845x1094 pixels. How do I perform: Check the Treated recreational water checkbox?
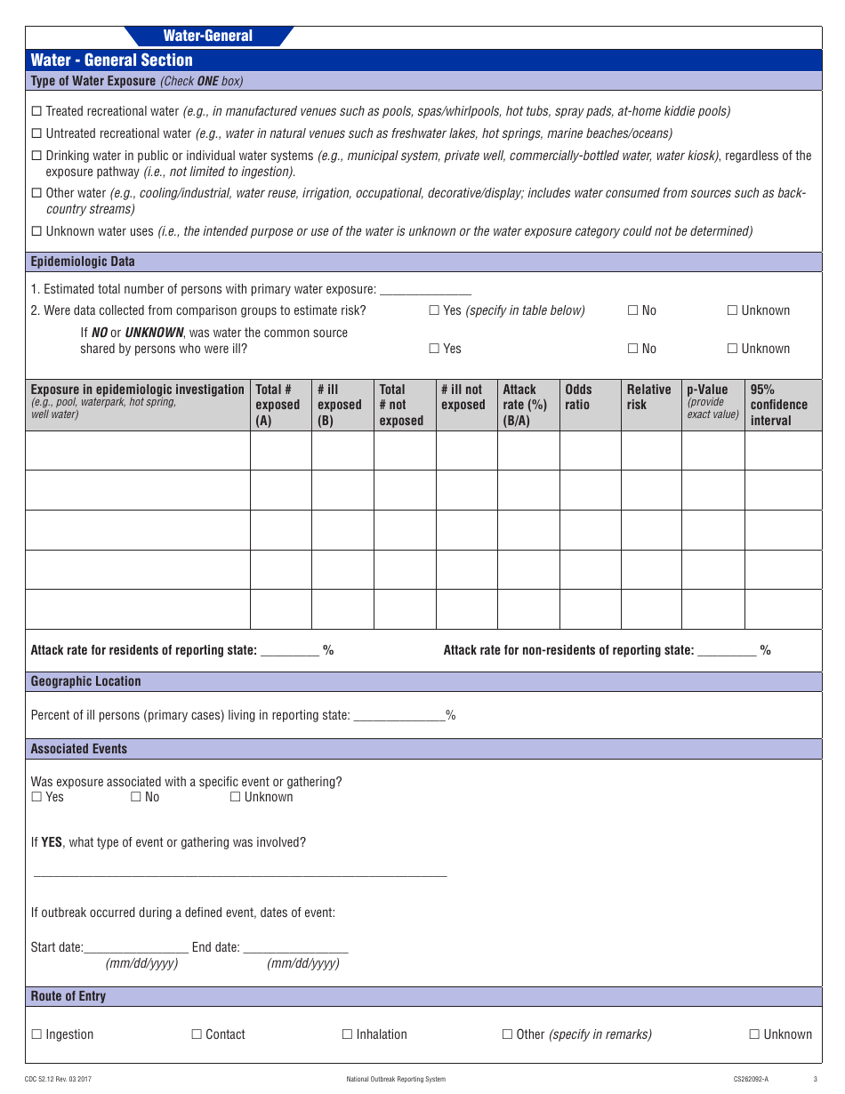coord(36,111)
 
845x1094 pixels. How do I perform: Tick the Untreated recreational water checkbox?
coord(36,133)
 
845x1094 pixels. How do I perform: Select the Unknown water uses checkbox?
coord(36,231)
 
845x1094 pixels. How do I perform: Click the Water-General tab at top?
coord(208,36)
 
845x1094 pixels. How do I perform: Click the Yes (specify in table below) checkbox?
coord(434,310)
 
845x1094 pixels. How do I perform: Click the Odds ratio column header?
coord(578,397)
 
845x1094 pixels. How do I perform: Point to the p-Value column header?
coord(708,390)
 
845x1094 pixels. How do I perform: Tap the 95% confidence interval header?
coord(778,405)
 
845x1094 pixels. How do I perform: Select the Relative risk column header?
coord(648,397)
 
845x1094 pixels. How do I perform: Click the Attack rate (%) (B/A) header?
coord(525,405)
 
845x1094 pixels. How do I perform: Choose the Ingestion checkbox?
coord(36,1034)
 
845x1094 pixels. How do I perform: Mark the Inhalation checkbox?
coord(347,1034)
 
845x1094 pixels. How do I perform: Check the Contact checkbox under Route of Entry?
coord(197,1034)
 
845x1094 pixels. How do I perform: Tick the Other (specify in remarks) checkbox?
coord(507,1034)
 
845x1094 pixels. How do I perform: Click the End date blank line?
coord(295,948)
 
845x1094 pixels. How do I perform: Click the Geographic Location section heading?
coord(86,681)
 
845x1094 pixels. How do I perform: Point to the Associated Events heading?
coord(79,749)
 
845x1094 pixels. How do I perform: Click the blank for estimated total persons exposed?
coord(425,290)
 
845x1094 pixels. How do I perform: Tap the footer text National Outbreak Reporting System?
coord(396,1079)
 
